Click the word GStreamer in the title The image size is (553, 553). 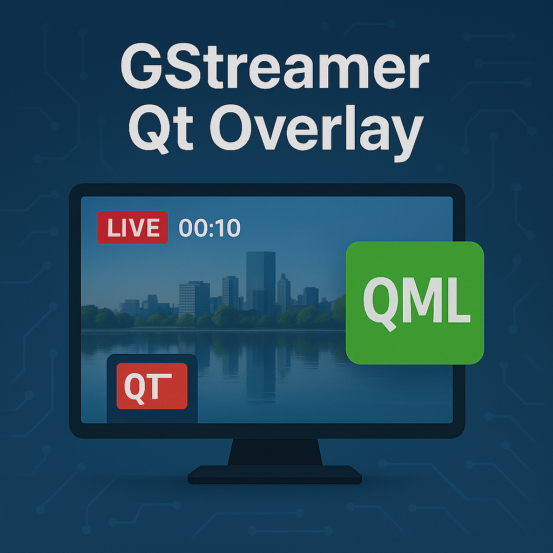[x=275, y=69]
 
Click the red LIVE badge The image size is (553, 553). [x=133, y=227]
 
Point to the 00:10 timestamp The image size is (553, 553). [x=210, y=228]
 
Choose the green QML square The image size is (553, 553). [x=414, y=302]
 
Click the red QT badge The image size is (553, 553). [x=152, y=386]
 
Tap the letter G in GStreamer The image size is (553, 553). [x=142, y=69]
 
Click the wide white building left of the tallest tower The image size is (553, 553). [x=194, y=299]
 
